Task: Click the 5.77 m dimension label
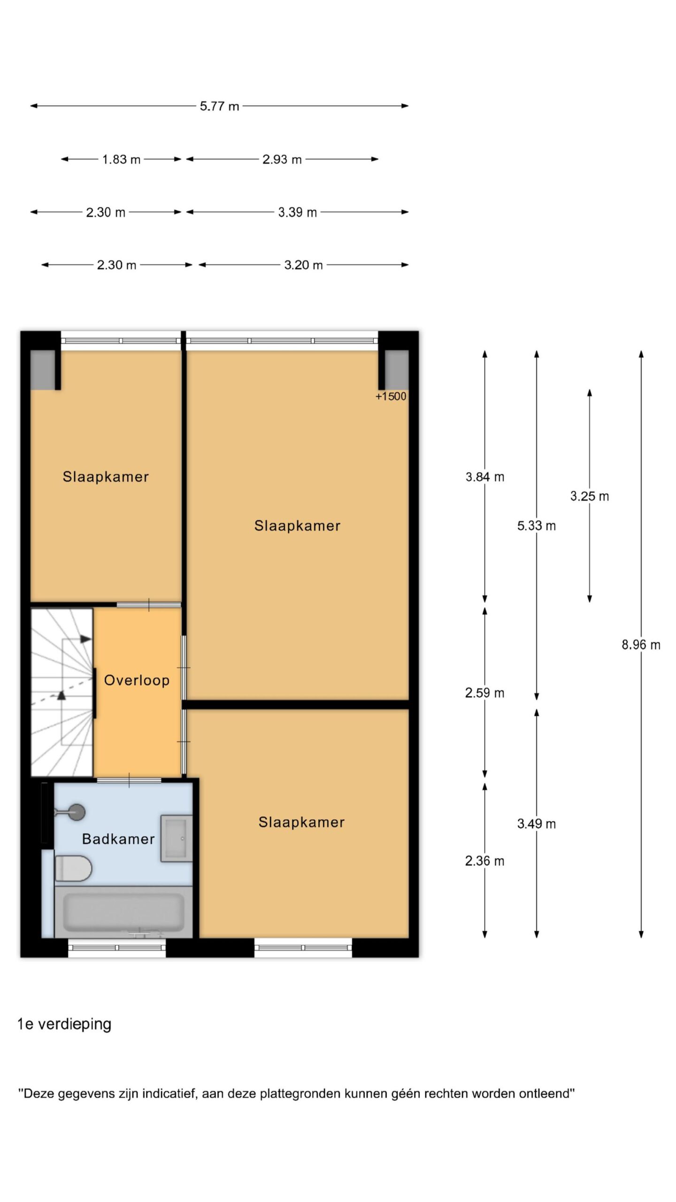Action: pyautogui.click(x=219, y=106)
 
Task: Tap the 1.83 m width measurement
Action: pyautogui.click(x=121, y=160)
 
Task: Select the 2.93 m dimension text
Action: pyautogui.click(x=282, y=160)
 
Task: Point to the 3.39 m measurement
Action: pyautogui.click(x=297, y=212)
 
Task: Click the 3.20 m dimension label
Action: pyautogui.click(x=303, y=265)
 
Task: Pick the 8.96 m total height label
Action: pyautogui.click(x=641, y=645)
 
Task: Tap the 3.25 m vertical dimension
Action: pyautogui.click(x=589, y=496)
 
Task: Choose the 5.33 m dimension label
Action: pyautogui.click(x=536, y=526)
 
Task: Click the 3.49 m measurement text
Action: pyautogui.click(x=536, y=824)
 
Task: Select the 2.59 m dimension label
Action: pyautogui.click(x=484, y=693)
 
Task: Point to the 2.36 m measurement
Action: pyautogui.click(x=484, y=861)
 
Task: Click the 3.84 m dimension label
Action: pyautogui.click(x=484, y=477)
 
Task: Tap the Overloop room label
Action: pyautogui.click(x=137, y=680)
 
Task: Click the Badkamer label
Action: pyautogui.click(x=118, y=839)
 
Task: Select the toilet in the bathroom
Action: pyautogui.click(x=73, y=868)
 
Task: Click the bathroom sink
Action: pyautogui.click(x=177, y=838)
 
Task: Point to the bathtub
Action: pyautogui.click(x=123, y=912)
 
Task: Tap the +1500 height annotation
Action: pyautogui.click(x=391, y=396)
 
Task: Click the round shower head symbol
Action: pyautogui.click(x=77, y=811)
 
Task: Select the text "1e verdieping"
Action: pyautogui.click(x=64, y=1024)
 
